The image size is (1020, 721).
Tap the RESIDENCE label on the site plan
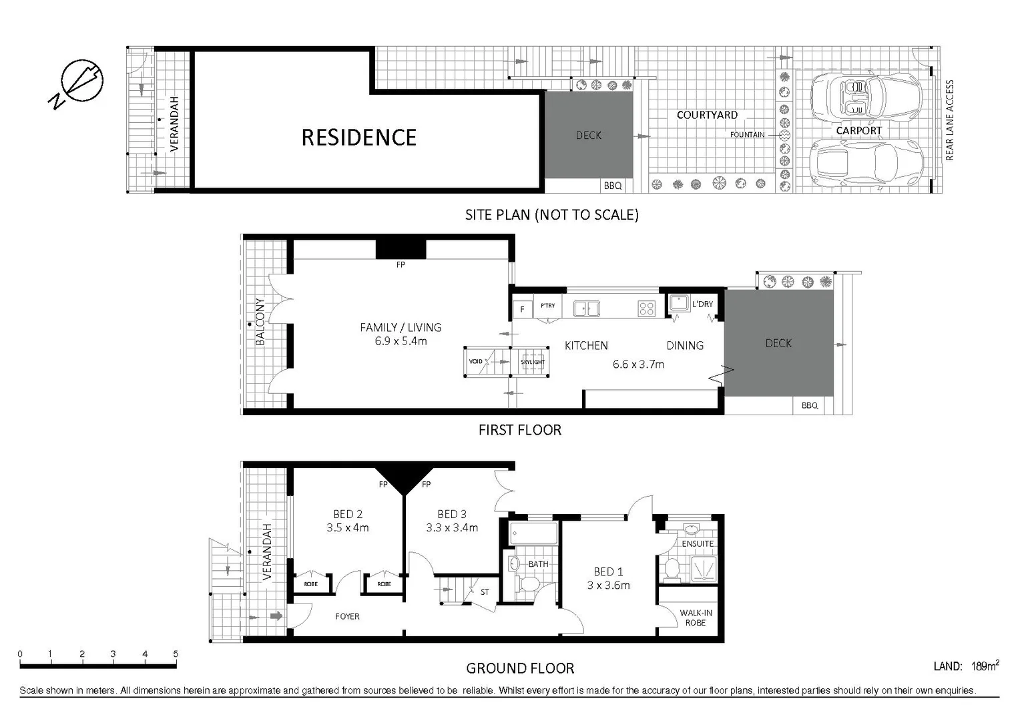click(x=358, y=138)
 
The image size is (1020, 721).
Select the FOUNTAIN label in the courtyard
click(x=747, y=135)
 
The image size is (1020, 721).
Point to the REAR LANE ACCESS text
click(x=949, y=120)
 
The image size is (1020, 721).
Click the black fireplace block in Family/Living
click(x=401, y=248)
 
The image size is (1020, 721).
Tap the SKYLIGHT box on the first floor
click(x=533, y=362)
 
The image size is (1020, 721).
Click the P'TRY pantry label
click(x=548, y=306)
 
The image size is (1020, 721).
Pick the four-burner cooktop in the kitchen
click(x=646, y=308)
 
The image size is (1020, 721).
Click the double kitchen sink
click(x=587, y=308)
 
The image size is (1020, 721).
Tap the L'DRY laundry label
click(x=702, y=304)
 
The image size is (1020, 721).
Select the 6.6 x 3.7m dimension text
click(x=638, y=365)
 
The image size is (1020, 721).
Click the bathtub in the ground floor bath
click(x=533, y=534)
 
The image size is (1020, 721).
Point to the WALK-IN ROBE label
click(x=696, y=618)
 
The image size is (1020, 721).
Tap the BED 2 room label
click(x=348, y=514)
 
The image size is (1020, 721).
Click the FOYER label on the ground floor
click(x=347, y=616)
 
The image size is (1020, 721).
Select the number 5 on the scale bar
click(x=176, y=654)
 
